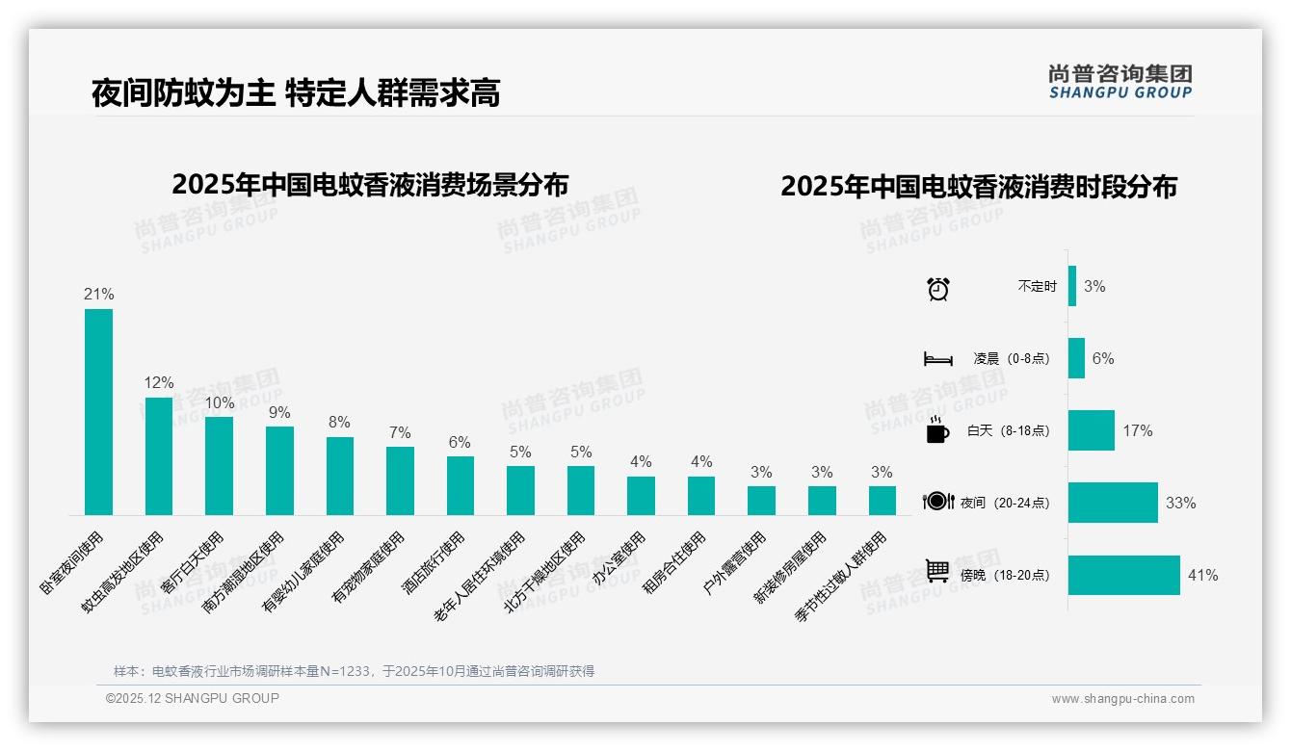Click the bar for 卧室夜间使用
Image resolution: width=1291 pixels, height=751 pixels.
coord(98,412)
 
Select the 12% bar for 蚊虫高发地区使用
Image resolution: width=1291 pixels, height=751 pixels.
coord(159,456)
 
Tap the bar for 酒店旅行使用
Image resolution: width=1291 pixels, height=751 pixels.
coord(461,485)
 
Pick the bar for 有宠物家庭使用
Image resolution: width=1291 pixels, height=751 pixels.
coord(400,480)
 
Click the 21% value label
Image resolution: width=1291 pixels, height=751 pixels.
coord(98,295)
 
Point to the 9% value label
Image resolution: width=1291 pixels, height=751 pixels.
coord(279,412)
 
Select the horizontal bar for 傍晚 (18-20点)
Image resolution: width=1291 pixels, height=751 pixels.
coord(1123,575)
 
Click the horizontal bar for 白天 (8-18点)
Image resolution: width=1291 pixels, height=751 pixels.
coord(1091,430)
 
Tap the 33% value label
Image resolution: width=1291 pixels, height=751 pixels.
coord(1180,503)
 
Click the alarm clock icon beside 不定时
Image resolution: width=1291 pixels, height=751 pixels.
coord(937,288)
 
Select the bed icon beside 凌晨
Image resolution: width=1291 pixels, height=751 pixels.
coord(937,359)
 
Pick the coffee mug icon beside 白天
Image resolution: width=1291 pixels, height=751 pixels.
coord(937,430)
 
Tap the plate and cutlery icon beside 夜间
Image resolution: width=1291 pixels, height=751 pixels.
coord(937,501)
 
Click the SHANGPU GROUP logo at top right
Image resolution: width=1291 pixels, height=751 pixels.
coord(1120,82)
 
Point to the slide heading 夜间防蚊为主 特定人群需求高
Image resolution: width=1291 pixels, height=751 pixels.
coord(296,93)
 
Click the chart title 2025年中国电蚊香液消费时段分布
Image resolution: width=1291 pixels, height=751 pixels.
coord(979,187)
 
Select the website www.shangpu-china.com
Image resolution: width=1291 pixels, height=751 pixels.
coord(1122,699)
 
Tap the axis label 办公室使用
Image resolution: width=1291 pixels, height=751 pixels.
coord(619,559)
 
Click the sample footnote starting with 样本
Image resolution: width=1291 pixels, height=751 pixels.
coord(354,671)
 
